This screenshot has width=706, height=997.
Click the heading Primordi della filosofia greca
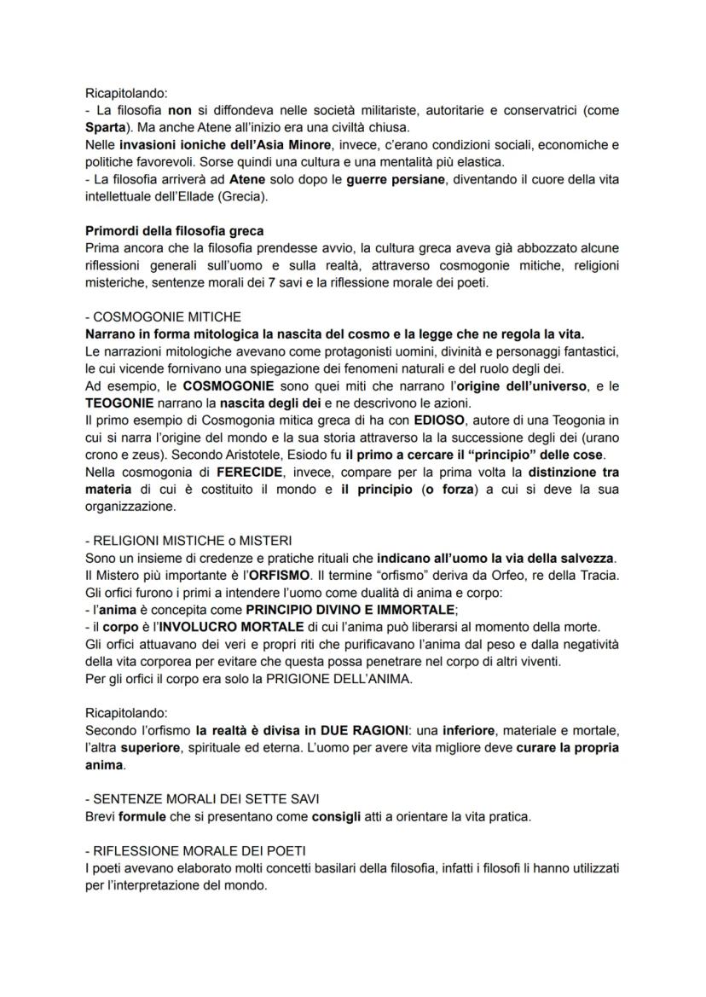pyautogui.click(x=175, y=233)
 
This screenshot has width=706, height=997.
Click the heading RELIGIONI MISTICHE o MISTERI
pyautogui.click(x=188, y=541)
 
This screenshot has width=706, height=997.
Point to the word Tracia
pyautogui.click(x=597, y=576)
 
